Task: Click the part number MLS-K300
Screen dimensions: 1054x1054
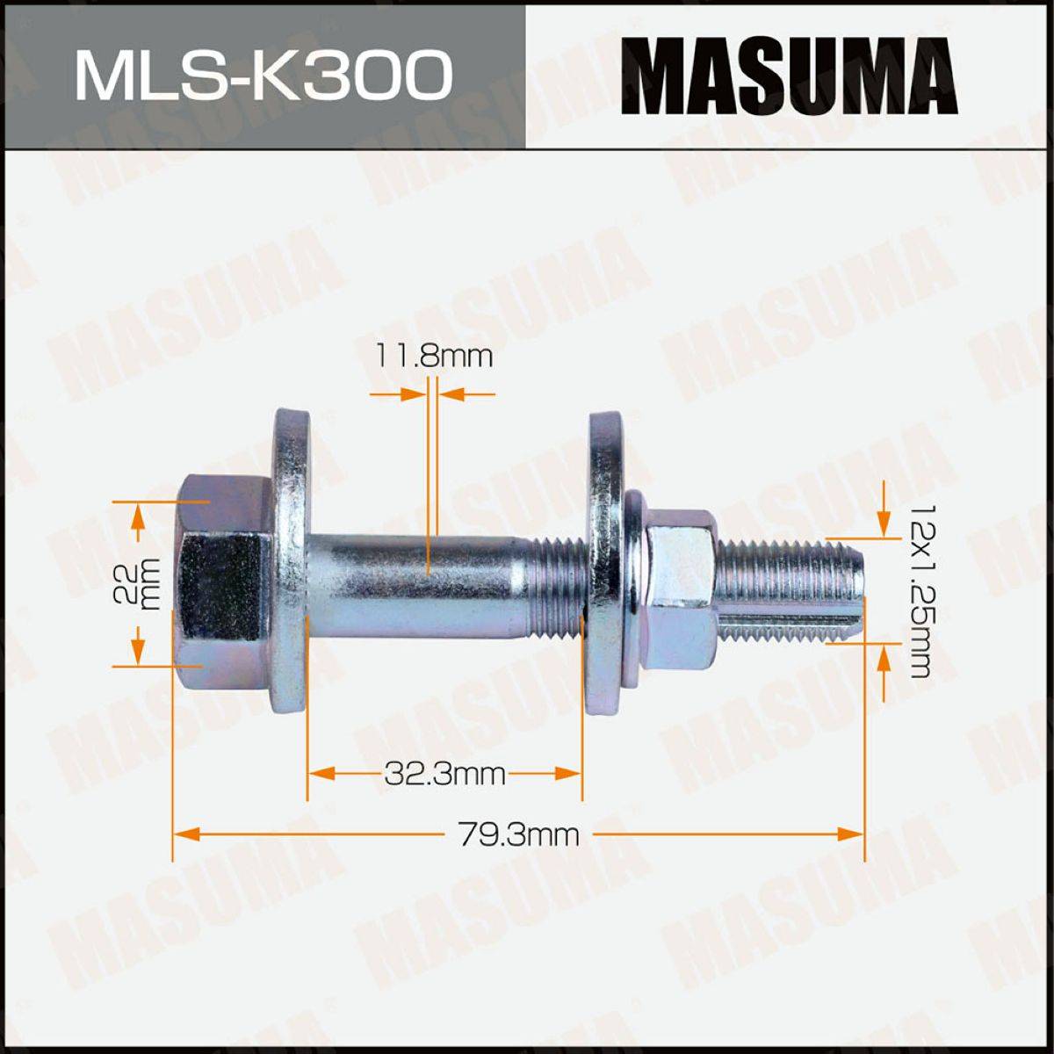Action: [x=263, y=75]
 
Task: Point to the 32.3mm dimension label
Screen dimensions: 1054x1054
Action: [x=444, y=774]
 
